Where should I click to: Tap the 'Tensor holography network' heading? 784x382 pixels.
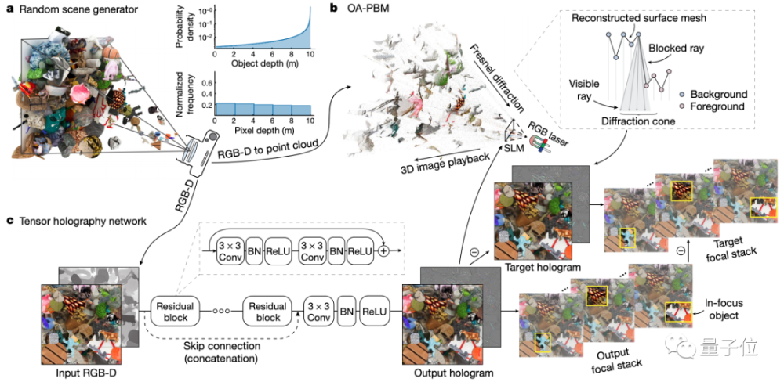78,222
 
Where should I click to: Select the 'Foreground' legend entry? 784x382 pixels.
716,106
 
